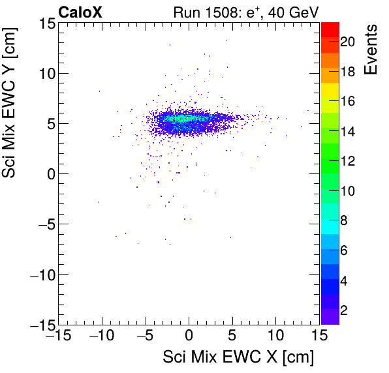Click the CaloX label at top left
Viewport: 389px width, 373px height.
point(80,12)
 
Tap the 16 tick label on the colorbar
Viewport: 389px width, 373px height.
point(347,102)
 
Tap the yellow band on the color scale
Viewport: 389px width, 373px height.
point(330,104)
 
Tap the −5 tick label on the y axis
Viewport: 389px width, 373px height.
point(43,224)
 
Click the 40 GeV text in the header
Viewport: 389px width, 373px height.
point(294,12)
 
